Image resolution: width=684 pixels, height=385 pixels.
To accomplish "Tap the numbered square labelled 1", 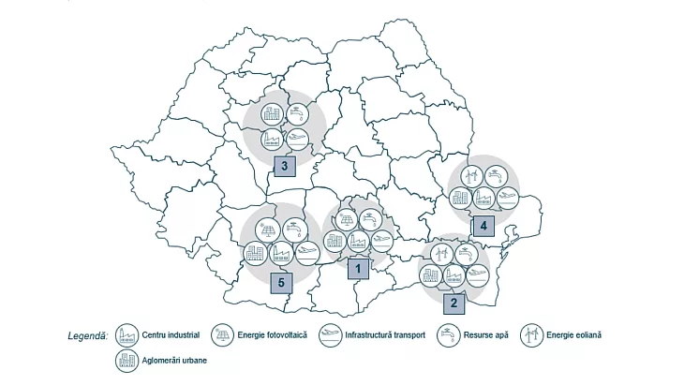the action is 356,269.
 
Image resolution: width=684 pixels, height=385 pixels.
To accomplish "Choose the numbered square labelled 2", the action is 454,302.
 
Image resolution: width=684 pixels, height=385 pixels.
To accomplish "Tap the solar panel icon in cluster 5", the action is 267,229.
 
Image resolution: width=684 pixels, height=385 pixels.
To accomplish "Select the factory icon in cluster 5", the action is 280,253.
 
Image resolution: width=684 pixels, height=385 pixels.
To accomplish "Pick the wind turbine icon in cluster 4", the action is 471,175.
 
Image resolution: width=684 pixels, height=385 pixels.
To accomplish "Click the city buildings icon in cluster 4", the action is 460,198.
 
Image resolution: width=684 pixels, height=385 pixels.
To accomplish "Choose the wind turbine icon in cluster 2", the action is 442,253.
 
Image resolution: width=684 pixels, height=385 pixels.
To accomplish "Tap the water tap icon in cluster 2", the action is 466,253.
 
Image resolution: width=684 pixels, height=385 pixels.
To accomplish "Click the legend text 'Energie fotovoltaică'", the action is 272,334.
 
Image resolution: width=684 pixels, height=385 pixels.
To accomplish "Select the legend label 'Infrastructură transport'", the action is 385,334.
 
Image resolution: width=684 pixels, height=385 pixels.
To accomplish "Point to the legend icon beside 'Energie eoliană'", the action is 530,334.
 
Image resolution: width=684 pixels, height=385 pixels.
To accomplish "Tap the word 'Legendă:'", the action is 88,334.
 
